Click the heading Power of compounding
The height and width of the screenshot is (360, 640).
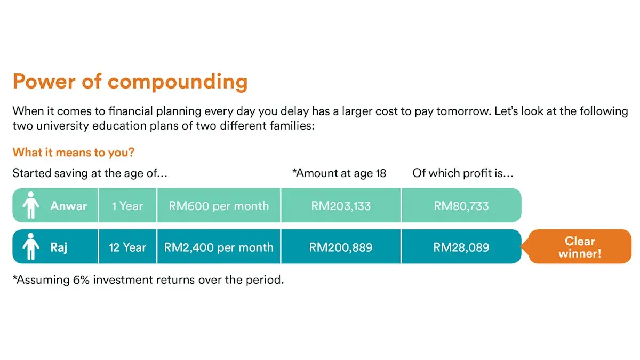tap(130, 82)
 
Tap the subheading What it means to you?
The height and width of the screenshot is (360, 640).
tap(73, 153)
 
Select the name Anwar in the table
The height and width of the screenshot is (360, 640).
tap(69, 205)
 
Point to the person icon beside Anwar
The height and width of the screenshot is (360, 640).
tap(31, 205)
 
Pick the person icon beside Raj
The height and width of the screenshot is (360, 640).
tap(31, 247)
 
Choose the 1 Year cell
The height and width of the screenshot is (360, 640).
tap(127, 205)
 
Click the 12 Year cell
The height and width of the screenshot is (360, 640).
tap(127, 247)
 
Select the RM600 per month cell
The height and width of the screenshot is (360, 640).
tap(219, 205)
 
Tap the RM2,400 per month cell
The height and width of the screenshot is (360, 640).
tap(219, 247)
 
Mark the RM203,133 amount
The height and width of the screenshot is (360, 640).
tap(341, 205)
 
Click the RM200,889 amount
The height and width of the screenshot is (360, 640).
tap(341, 247)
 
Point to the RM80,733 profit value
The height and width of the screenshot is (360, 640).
tap(461, 205)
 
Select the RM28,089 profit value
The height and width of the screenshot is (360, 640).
tap(461, 247)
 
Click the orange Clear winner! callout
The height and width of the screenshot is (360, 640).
tap(580, 247)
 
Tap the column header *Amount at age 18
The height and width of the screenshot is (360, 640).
tap(339, 173)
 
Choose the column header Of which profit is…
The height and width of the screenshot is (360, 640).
tap(463, 173)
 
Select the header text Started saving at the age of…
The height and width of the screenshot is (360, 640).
tap(91, 173)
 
